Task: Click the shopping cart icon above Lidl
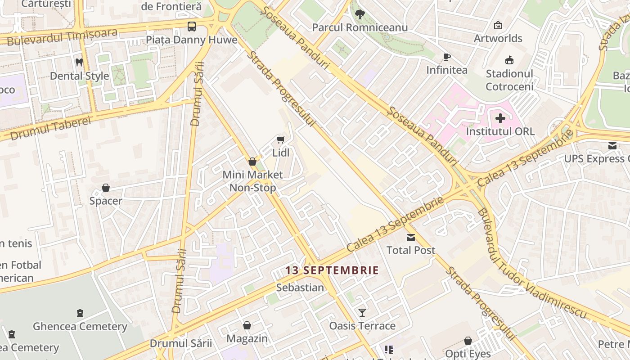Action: [281, 140]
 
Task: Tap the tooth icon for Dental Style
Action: [79, 63]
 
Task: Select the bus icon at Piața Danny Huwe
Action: [192, 26]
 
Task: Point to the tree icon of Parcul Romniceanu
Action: [360, 14]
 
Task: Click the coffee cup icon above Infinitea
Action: [446, 57]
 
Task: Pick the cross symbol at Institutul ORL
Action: [500, 119]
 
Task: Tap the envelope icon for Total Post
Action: [411, 237]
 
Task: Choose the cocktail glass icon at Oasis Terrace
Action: [362, 312]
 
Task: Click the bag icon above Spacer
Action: [106, 188]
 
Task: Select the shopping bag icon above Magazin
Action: [247, 325]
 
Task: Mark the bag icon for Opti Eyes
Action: [468, 341]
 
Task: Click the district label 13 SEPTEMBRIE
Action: [332, 270]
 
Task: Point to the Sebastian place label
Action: [300, 288]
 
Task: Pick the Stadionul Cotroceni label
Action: [509, 80]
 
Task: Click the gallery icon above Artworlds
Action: [498, 25]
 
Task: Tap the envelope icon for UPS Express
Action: [612, 146]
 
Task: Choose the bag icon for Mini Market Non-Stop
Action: [252, 162]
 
